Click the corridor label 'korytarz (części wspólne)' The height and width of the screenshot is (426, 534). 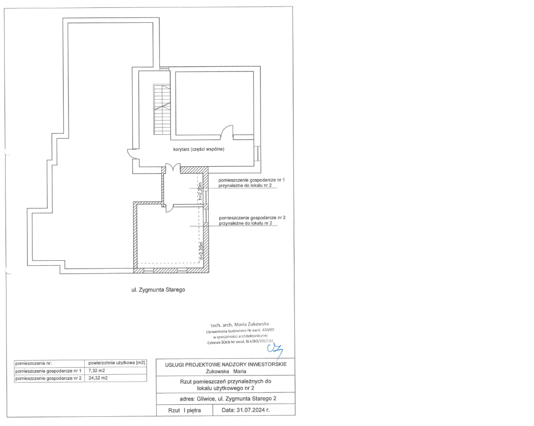point(198,149)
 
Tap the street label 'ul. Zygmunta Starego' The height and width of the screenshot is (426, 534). point(159,290)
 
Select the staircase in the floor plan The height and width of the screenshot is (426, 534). point(162,109)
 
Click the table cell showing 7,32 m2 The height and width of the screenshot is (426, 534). point(97,370)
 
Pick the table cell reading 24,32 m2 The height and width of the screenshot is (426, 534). point(98,378)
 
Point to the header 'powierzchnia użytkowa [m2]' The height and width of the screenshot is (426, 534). point(117,363)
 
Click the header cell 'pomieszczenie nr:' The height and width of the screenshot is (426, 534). point(33,363)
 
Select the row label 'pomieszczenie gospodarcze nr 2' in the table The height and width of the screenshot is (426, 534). point(48,378)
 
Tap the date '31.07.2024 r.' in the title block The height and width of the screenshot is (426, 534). point(246,410)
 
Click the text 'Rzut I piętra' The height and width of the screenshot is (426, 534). point(184,410)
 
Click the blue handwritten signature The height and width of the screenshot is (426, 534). point(275,350)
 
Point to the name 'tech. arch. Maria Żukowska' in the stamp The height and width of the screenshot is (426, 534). point(240,325)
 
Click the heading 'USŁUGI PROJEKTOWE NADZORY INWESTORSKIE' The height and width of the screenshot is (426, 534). point(226,364)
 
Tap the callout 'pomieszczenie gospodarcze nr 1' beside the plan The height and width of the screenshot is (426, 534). point(252,180)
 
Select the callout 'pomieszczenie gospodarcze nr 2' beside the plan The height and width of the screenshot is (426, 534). point(252,218)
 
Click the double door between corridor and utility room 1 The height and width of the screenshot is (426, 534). point(172,169)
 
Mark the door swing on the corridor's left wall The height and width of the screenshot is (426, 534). point(132,153)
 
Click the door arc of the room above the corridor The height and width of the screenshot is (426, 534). point(227,132)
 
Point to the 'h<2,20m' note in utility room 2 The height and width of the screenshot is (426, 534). point(201,251)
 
